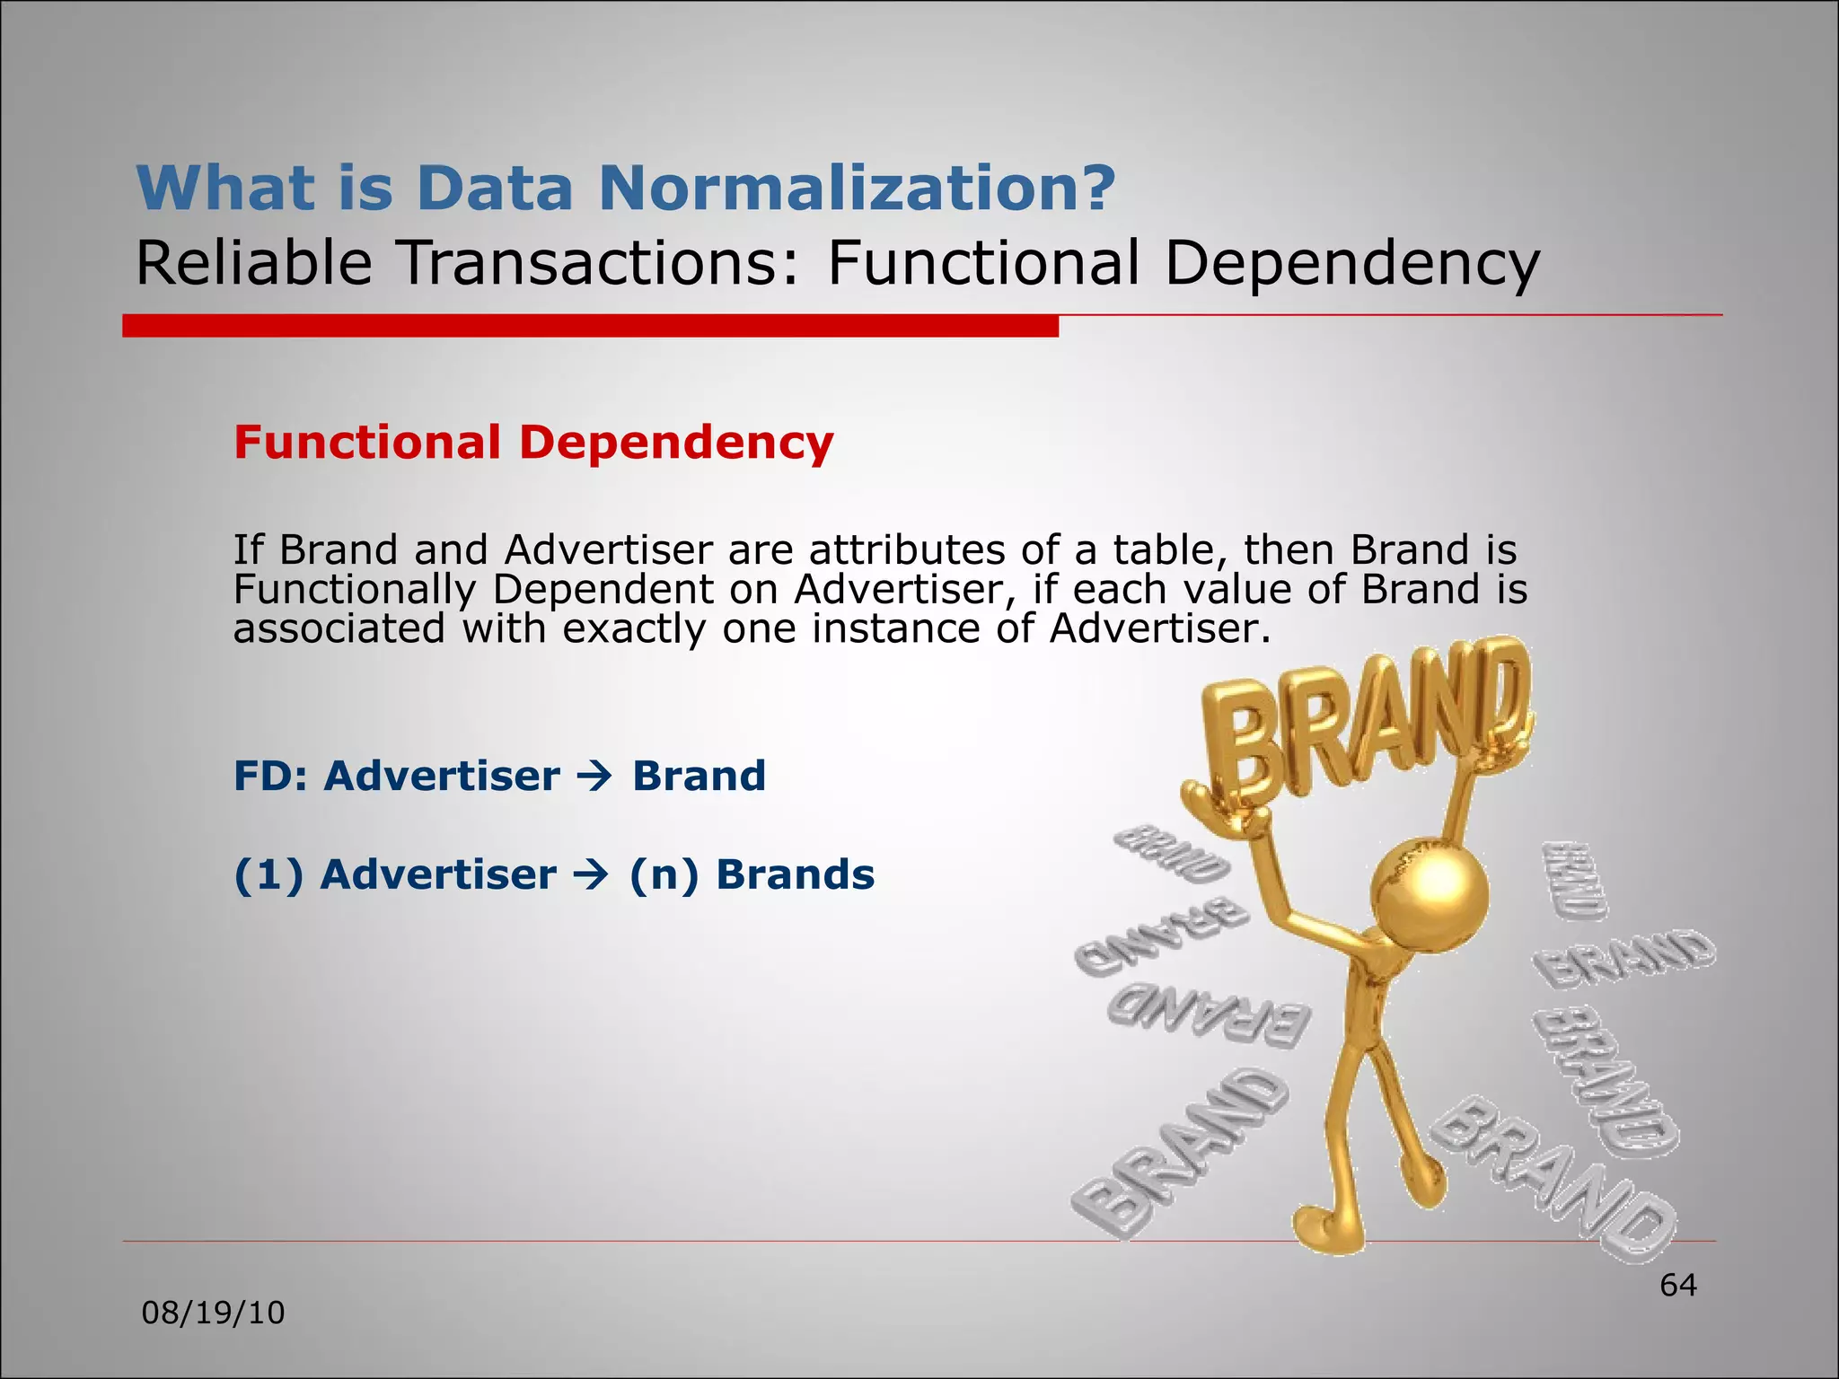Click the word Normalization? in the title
tap(858, 188)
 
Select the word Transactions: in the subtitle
tap(597, 264)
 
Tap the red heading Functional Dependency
tap(533, 443)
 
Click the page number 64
tap(1677, 1286)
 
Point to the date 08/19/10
tap(214, 1313)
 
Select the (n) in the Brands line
tap(663, 874)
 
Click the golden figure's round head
tap(1428, 894)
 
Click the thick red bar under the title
tap(590, 326)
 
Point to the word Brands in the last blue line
tap(795, 874)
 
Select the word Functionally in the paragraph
tap(355, 590)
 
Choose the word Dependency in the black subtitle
tap(1352, 264)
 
